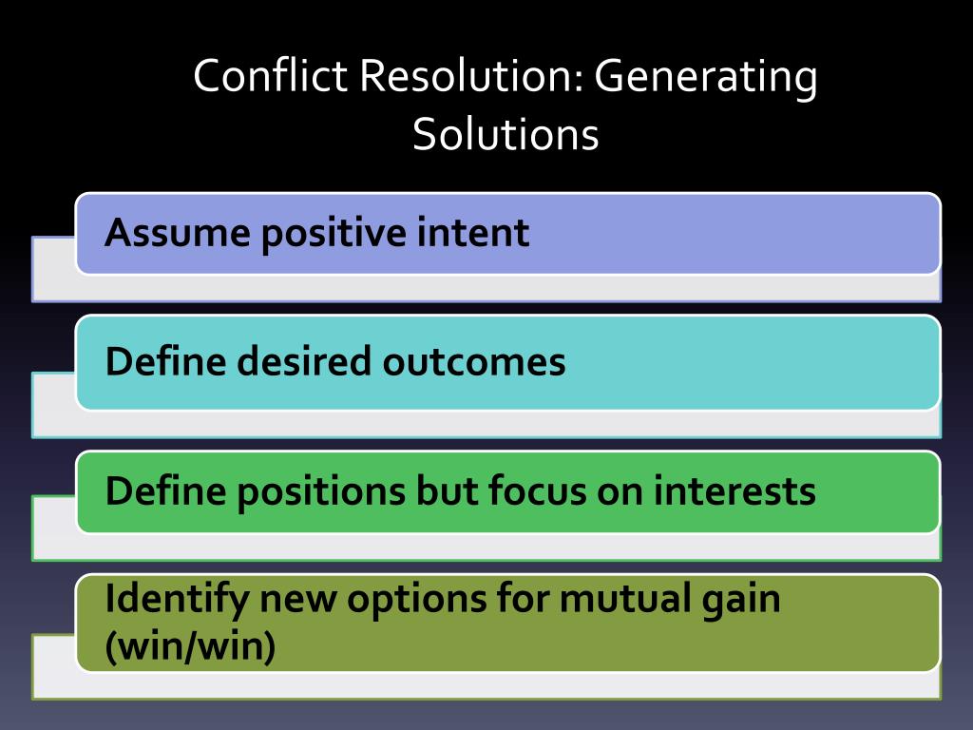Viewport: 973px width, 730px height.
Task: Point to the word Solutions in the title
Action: click(x=506, y=134)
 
